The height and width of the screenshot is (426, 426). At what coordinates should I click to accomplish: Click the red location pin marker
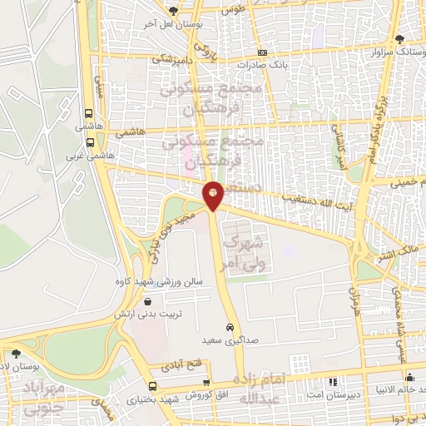click(x=214, y=196)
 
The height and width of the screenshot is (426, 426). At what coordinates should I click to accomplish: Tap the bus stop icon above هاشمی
click(x=90, y=115)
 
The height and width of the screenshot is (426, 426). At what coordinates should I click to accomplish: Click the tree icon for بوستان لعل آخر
click(x=173, y=11)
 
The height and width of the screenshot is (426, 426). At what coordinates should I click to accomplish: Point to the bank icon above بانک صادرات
click(x=262, y=52)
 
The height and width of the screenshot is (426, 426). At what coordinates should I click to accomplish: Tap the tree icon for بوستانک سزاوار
click(x=399, y=38)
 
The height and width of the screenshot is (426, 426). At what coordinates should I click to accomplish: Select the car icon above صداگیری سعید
click(x=229, y=327)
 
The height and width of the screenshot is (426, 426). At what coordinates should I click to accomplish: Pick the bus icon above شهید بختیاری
click(x=152, y=386)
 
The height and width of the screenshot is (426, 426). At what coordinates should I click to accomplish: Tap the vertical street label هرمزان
click(x=353, y=299)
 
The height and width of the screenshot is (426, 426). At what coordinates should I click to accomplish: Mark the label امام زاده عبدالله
click(x=273, y=388)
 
